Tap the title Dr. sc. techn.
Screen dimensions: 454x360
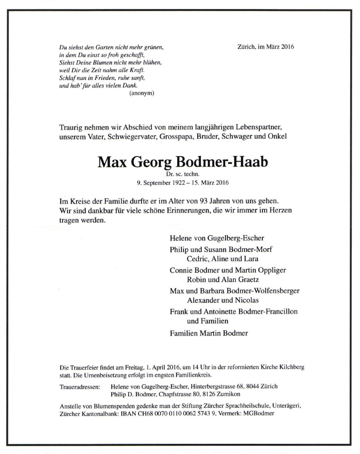click(x=183, y=175)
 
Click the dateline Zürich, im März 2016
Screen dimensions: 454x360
click(x=266, y=47)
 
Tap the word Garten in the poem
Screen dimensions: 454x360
click(x=103, y=48)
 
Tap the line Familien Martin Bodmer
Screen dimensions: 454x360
click(x=209, y=333)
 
